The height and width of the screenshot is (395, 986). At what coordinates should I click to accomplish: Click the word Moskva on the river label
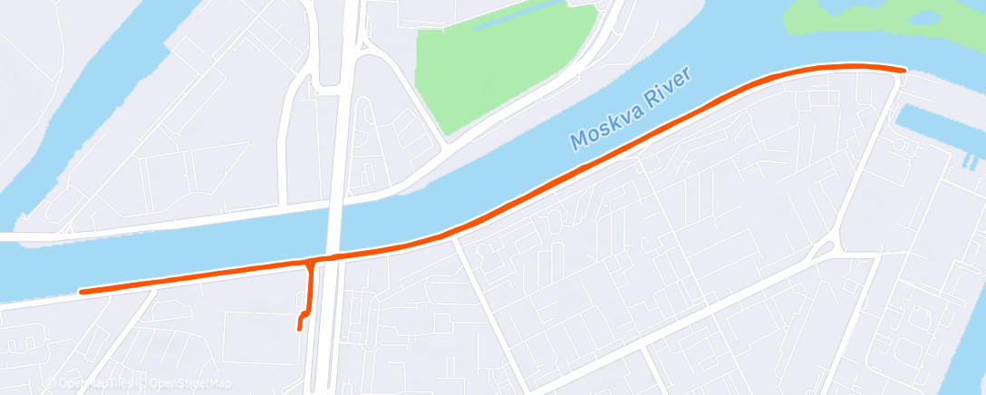tap(605, 128)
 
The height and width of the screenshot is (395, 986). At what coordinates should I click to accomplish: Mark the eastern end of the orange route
tap(904, 69)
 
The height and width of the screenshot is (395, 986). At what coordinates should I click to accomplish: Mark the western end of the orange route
tap(82, 292)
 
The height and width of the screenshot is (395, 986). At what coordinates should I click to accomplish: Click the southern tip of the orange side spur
tap(300, 329)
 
